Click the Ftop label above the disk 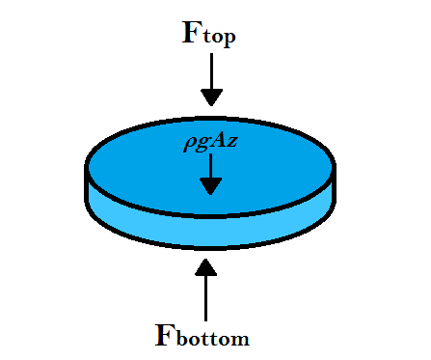209,34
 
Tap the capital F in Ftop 193,31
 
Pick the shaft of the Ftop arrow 211,69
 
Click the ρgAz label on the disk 210,145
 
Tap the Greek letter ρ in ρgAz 189,146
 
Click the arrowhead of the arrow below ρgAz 210,184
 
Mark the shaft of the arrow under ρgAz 210,165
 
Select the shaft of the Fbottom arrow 205,299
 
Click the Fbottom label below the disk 202,336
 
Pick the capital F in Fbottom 166,334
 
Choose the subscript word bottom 215,339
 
